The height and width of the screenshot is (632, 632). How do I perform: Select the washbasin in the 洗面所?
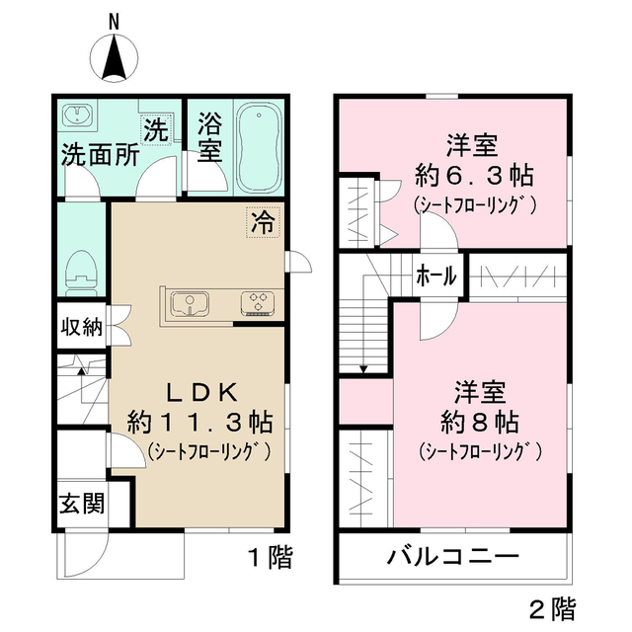(78, 117)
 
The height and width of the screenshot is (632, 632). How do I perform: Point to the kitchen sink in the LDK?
(188, 303)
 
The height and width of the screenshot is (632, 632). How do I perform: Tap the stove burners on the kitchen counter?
(260, 302)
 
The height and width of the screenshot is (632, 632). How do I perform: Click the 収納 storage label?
(79, 329)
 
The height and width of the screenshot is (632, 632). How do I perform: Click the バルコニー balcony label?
(452, 558)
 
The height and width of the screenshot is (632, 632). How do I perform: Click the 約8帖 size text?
(481, 423)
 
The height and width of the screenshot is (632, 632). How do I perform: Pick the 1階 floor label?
(269, 558)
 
